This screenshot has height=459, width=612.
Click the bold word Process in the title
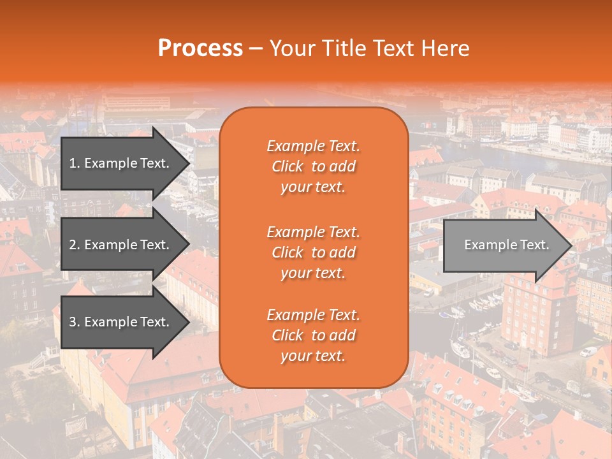point(200,48)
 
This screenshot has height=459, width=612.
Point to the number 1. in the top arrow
point(74,163)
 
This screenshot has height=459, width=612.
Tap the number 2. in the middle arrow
point(74,245)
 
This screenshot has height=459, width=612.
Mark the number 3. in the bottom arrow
point(74,322)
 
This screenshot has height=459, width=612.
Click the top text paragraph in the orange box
point(313,166)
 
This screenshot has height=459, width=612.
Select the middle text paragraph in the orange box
point(313,252)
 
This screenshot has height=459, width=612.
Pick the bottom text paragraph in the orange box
point(313,335)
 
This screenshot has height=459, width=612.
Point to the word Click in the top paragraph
point(287,166)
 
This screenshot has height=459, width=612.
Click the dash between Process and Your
point(256,49)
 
